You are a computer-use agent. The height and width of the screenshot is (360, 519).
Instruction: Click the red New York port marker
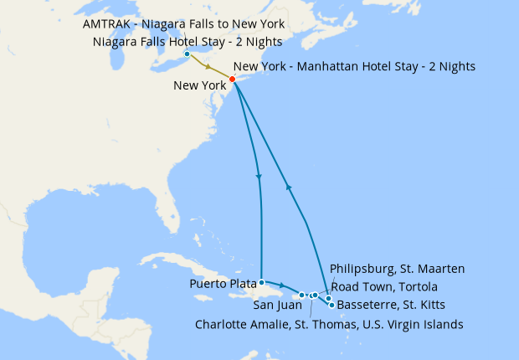[x=232, y=80]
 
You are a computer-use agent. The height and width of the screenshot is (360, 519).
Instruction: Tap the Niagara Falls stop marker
[x=186, y=54]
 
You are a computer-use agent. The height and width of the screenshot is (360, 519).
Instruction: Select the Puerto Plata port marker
[x=262, y=282]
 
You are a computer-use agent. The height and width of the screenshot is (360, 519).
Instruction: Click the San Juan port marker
[x=301, y=295]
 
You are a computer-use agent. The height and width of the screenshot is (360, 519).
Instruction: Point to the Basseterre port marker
[x=331, y=305]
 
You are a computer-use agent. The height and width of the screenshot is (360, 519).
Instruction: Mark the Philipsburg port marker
[x=328, y=298]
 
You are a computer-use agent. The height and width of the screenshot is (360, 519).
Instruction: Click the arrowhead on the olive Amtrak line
[x=206, y=66]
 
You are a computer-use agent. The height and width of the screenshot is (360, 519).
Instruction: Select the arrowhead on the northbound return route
[x=288, y=188]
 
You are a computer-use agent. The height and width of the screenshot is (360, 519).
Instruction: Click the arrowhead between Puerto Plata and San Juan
[x=282, y=287]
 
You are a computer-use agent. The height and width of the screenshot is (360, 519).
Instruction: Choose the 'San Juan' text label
[x=272, y=305]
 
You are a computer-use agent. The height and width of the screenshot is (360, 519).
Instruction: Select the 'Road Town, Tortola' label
[x=383, y=287]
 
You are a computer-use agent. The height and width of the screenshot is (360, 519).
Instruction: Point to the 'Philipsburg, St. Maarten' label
[x=397, y=269]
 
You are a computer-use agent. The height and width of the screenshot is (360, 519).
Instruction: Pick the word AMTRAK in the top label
[x=110, y=23]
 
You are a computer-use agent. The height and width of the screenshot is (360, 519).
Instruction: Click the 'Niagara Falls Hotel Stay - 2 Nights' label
[x=188, y=41]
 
